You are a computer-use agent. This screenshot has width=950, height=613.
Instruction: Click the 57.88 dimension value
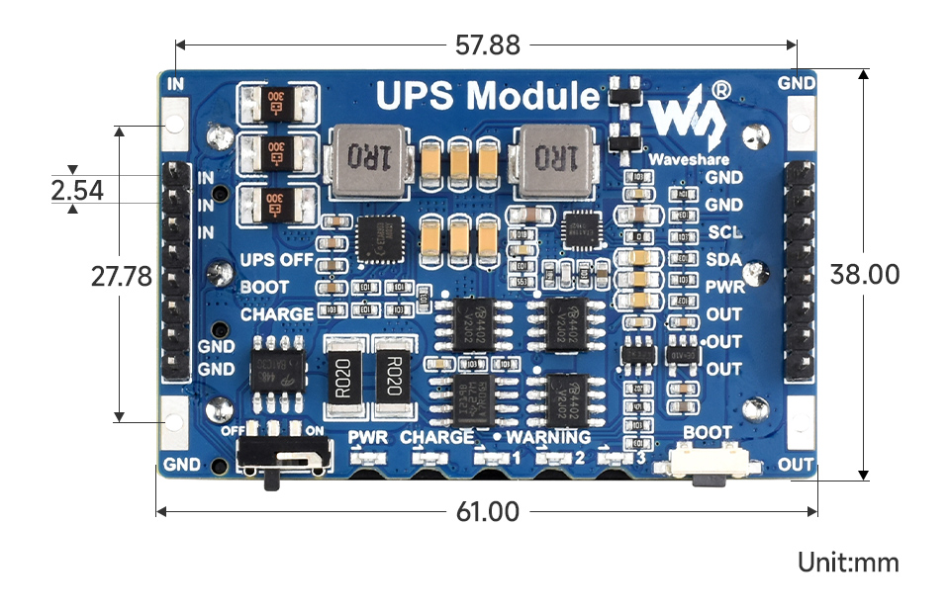(x=486, y=44)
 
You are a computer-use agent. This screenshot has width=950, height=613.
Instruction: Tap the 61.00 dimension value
(x=486, y=512)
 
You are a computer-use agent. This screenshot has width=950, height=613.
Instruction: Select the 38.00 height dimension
(x=866, y=274)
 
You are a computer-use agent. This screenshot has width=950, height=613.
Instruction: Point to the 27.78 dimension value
(x=121, y=276)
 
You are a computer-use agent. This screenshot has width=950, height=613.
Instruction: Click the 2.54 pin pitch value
(x=77, y=190)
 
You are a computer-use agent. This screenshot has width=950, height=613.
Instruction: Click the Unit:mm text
(x=848, y=563)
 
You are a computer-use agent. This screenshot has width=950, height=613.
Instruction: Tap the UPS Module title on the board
(x=487, y=96)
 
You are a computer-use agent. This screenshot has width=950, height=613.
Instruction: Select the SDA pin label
(x=724, y=260)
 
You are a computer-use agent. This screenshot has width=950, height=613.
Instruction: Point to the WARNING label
(x=548, y=437)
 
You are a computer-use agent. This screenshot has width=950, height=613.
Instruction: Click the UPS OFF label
(x=276, y=261)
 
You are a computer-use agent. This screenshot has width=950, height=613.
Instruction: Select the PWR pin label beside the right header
(x=724, y=288)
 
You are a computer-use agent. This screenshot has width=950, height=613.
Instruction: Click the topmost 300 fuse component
(x=276, y=102)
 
